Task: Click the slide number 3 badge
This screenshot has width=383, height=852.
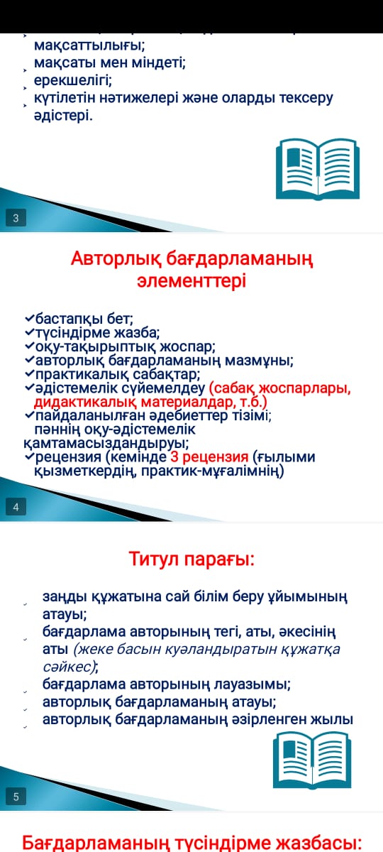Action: [x=16, y=218]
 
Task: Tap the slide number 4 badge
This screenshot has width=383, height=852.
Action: [x=16, y=507]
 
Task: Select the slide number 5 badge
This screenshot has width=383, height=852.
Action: [x=16, y=797]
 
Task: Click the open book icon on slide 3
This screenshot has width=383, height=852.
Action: [x=318, y=169]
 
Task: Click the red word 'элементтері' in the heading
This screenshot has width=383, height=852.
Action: [x=191, y=281]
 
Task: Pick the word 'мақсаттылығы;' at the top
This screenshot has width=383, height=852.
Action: [x=89, y=45]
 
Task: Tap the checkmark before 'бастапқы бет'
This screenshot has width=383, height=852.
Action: [x=30, y=317]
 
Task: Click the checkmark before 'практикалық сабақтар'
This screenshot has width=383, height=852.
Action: [x=30, y=373]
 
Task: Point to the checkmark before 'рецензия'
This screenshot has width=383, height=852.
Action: [x=30, y=456]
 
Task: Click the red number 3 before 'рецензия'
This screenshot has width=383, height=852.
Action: [x=174, y=457]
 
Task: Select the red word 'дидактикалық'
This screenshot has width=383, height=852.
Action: [x=86, y=402]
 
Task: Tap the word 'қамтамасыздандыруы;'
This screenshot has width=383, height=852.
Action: [x=106, y=444]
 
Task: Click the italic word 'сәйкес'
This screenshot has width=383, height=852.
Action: [x=68, y=667]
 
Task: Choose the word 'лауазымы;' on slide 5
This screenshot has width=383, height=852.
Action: [x=252, y=684]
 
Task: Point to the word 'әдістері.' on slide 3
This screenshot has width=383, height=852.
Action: [x=63, y=116]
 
